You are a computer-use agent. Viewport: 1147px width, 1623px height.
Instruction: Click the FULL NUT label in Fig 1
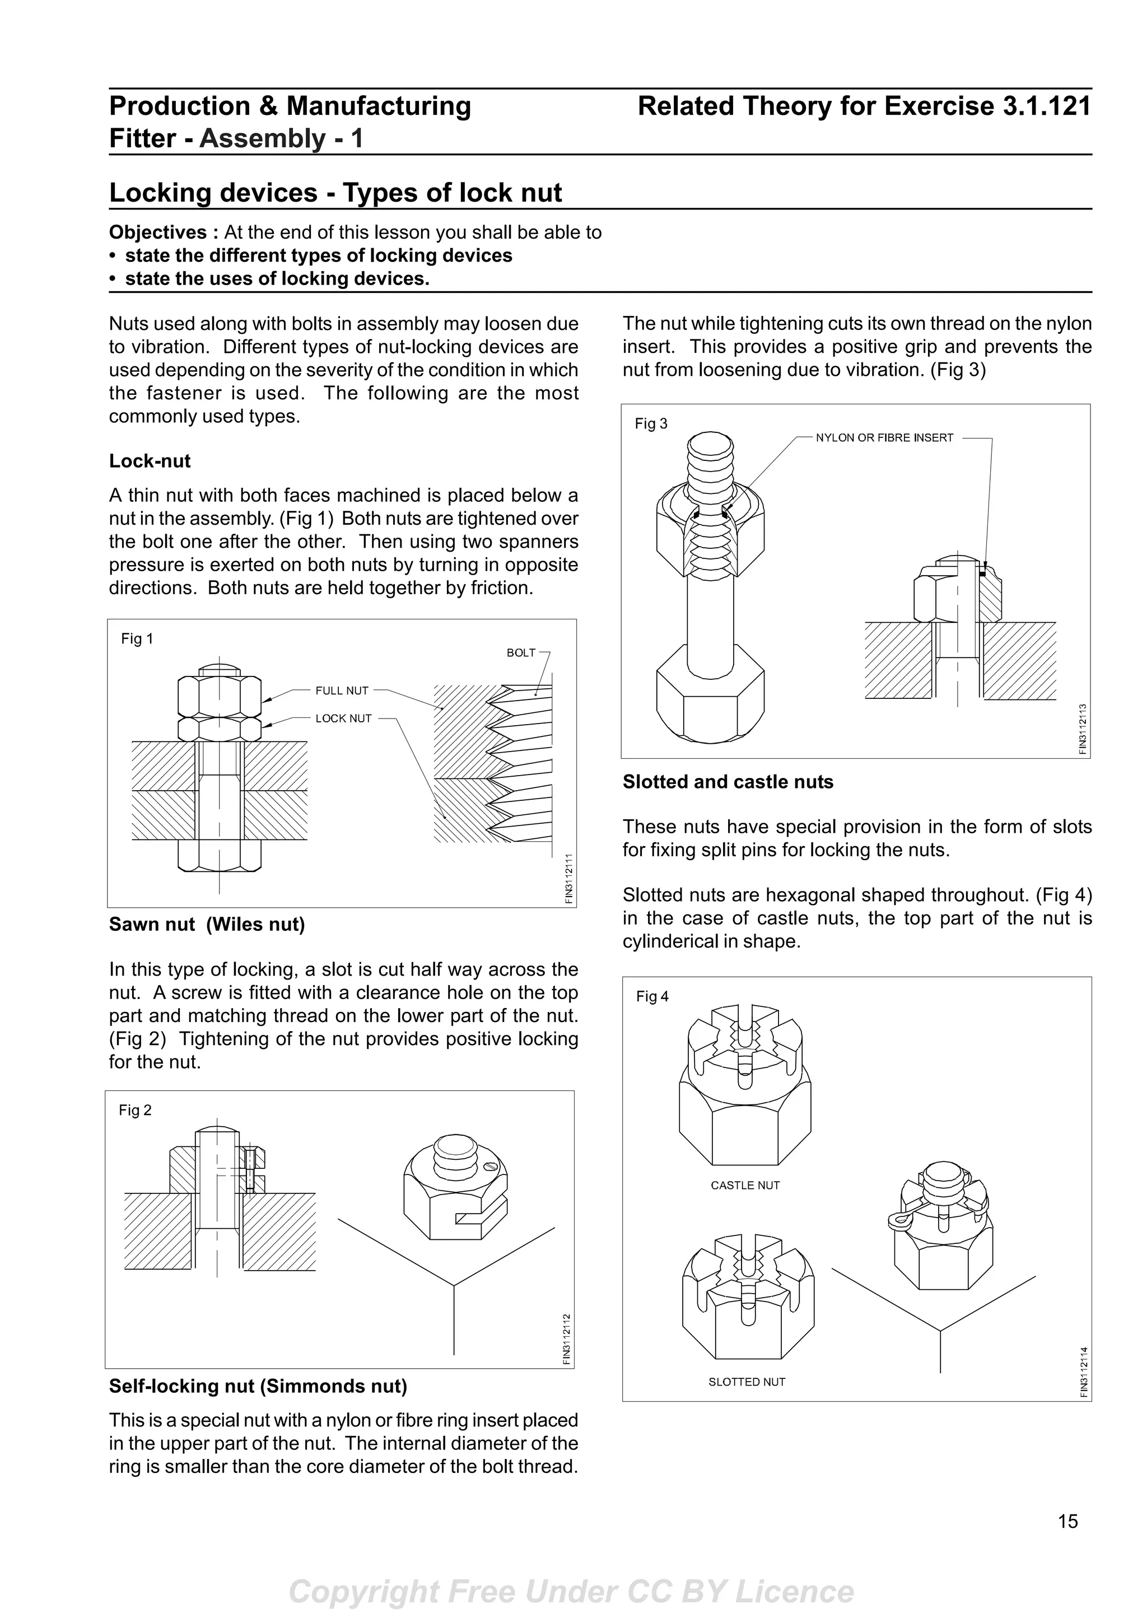pyautogui.click(x=342, y=691)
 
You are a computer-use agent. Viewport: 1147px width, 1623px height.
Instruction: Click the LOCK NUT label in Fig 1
pyautogui.click(x=343, y=718)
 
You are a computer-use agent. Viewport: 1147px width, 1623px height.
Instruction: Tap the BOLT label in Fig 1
pyautogui.click(x=521, y=652)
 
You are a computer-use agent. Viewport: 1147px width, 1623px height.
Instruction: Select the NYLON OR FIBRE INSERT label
pyautogui.click(x=884, y=437)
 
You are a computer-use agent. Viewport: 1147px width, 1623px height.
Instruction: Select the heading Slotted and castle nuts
pyautogui.click(x=728, y=782)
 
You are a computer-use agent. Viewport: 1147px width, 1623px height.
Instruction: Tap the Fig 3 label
pyautogui.click(x=651, y=423)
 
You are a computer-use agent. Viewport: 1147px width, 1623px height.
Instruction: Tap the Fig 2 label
pyautogui.click(x=135, y=1110)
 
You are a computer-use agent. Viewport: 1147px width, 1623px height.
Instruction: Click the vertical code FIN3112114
pyautogui.click(x=1083, y=1372)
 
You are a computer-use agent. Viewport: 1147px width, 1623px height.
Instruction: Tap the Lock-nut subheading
pyautogui.click(x=150, y=461)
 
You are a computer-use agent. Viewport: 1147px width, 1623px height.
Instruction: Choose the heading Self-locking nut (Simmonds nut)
pyautogui.click(x=258, y=1386)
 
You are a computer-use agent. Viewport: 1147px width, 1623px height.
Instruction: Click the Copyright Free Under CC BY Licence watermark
pyautogui.click(x=572, y=1591)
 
